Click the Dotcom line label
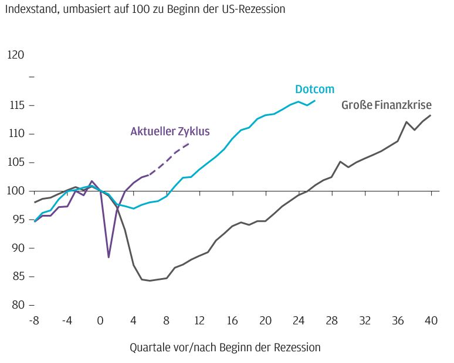point(314,90)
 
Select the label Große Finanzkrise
point(387,105)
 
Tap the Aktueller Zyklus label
point(170,131)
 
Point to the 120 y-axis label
point(16,55)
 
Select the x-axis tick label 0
point(100,320)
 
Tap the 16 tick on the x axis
point(233,320)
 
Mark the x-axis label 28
point(333,320)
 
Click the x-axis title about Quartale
point(225,347)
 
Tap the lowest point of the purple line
point(109,257)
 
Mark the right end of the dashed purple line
point(189,143)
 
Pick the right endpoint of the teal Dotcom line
point(315,101)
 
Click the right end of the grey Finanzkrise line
point(431,115)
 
